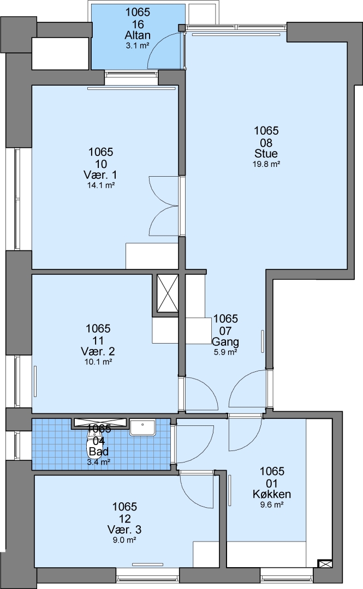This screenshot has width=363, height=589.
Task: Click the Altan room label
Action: tap(138, 35)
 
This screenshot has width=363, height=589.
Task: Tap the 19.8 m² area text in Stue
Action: tap(266, 164)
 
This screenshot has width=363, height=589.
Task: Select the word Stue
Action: tap(266, 153)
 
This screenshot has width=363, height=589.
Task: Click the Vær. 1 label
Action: tap(100, 175)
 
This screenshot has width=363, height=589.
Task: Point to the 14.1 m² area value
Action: tap(101, 185)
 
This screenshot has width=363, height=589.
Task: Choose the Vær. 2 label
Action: tap(98, 351)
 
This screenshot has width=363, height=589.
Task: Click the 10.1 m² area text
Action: tap(99, 362)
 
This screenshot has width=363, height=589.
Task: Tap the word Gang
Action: tap(225, 342)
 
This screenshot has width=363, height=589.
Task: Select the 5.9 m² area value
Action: tap(225, 352)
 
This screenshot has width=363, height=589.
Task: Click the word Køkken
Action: tap(272, 494)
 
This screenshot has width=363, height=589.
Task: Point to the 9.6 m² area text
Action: tap(272, 505)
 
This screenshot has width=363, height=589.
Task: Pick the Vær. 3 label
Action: tap(124, 530)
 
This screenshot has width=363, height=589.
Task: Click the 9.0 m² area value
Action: tap(124, 540)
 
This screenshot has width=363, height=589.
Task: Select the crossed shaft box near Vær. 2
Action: tap(168, 293)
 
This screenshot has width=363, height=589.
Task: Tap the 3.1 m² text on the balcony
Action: tap(138, 46)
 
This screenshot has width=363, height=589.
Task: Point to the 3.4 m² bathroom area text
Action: tap(99, 462)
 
